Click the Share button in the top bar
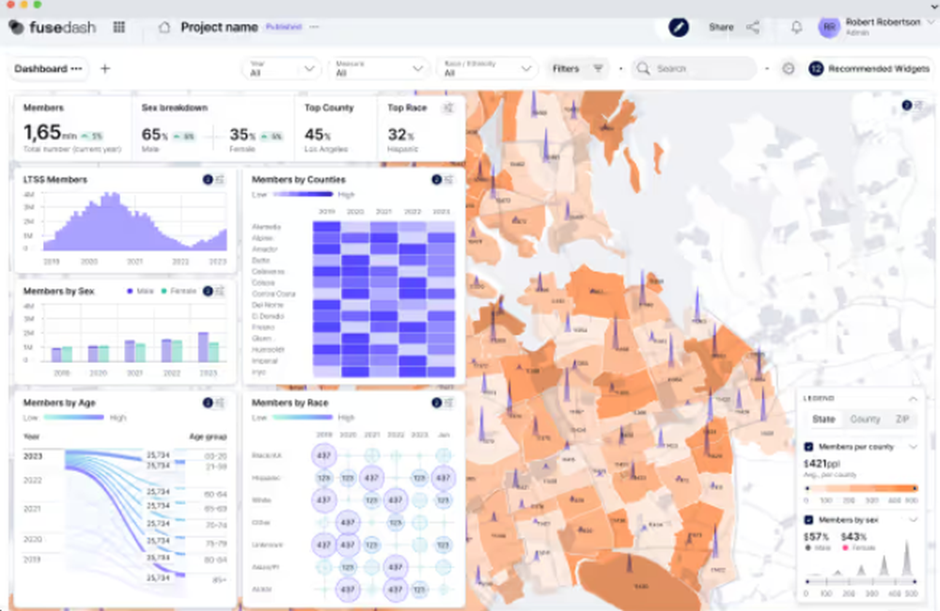click(x=721, y=27)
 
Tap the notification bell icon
click(x=796, y=27)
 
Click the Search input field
click(x=700, y=69)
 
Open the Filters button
click(x=577, y=69)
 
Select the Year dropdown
click(x=281, y=69)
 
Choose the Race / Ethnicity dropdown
click(x=485, y=69)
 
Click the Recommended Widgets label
click(x=878, y=69)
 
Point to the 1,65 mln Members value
click(x=42, y=133)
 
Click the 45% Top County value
click(x=317, y=134)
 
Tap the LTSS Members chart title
click(x=55, y=180)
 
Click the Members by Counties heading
click(x=299, y=180)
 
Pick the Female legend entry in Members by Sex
click(x=183, y=291)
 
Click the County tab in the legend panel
click(x=865, y=419)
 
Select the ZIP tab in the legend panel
click(x=901, y=419)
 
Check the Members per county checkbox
click(x=808, y=446)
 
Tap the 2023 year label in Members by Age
click(x=33, y=456)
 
